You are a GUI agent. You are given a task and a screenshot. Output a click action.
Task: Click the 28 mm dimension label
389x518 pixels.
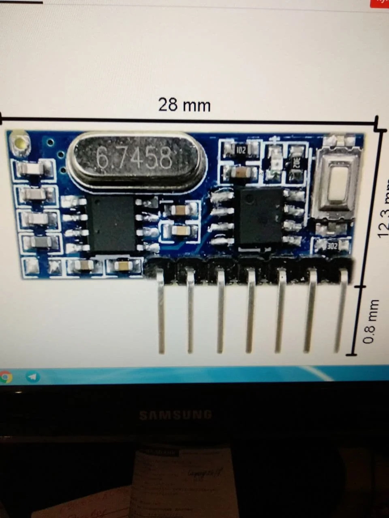184,105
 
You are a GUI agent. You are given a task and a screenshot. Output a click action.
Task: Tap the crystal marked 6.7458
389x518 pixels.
136,158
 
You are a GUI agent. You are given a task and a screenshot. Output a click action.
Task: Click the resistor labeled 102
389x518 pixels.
241,150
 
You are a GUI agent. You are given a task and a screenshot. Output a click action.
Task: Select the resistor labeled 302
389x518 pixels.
331,246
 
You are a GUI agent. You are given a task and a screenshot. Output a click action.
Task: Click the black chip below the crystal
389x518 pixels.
111,223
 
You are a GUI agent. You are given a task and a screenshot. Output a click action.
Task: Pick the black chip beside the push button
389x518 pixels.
260,215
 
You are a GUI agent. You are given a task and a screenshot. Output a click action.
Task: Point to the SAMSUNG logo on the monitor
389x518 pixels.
175,415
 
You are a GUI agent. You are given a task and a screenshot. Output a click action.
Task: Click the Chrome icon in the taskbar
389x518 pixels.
5,377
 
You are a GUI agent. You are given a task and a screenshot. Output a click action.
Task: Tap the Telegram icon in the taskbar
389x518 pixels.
32,377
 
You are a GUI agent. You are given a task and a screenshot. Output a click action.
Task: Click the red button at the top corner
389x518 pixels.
380,2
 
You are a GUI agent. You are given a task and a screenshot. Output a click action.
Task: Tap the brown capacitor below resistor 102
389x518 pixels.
242,173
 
